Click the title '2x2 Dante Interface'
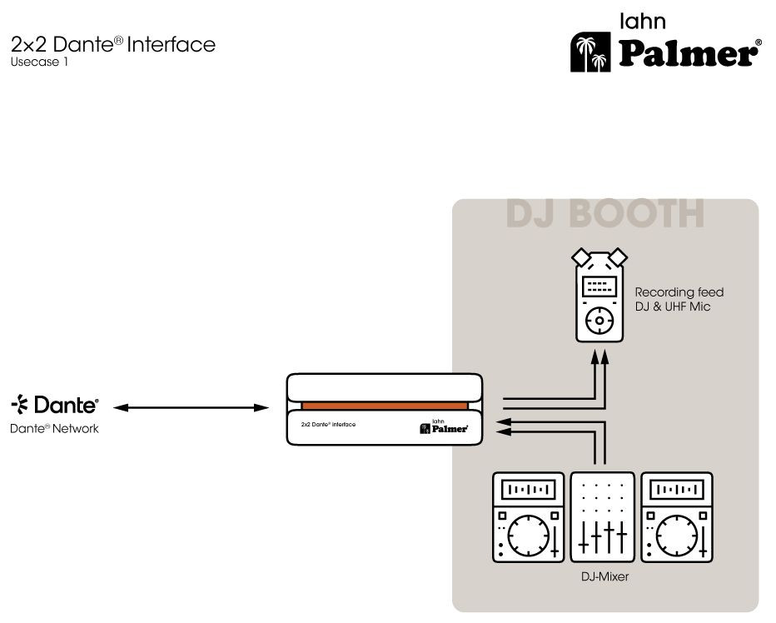click(113, 44)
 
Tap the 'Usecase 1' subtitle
click(40, 62)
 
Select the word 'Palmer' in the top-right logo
click(688, 54)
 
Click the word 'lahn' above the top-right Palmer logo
click(643, 21)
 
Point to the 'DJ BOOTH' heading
click(605, 213)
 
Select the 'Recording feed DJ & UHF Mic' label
click(679, 300)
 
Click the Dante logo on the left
click(55, 406)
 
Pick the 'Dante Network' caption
click(54, 429)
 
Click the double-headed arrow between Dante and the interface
click(191, 407)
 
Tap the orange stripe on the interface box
click(384, 406)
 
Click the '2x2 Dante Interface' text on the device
click(328, 425)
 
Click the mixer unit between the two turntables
click(602, 516)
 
